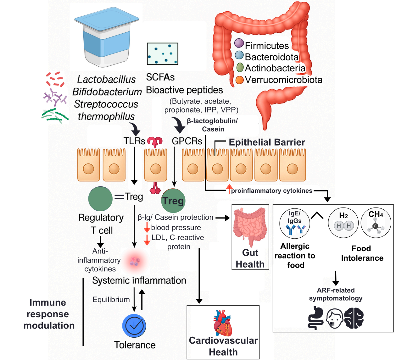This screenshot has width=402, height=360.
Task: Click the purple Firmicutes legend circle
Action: point(239,43)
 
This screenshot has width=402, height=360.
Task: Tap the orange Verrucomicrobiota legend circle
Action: point(240,80)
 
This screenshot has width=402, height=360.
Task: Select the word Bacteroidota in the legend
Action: point(271,57)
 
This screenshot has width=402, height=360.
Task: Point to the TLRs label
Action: point(134,141)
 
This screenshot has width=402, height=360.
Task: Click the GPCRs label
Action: point(187,141)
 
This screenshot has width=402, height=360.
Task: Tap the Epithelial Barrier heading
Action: point(267,142)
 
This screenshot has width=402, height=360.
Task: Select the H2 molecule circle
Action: point(343,223)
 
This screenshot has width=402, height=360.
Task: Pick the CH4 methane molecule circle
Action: point(376,223)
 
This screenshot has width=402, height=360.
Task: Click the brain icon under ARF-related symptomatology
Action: point(354,318)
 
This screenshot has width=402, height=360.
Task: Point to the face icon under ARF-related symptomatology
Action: point(335,318)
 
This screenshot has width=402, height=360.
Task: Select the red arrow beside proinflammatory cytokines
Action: point(229,189)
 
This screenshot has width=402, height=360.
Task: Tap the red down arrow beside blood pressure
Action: point(147,227)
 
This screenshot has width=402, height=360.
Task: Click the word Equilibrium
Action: point(111,300)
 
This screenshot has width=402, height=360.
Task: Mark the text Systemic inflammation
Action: point(139,280)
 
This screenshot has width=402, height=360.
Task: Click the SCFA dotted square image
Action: point(163,54)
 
